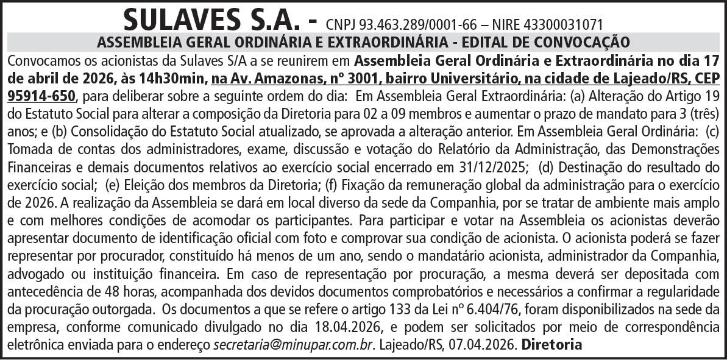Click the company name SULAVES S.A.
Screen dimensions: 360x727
pos(213,19)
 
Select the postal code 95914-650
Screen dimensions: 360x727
pos(41,96)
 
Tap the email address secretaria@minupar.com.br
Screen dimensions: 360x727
pos(293,344)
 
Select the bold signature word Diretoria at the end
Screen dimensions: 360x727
pos(552,344)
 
